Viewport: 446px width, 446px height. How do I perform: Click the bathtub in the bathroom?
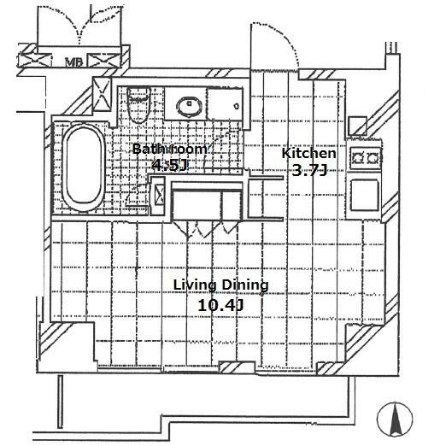click(84, 167)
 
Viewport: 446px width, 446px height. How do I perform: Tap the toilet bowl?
click(138, 104)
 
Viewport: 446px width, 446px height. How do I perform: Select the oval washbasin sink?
click(190, 107)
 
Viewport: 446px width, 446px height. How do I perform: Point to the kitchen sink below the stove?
click(365, 195)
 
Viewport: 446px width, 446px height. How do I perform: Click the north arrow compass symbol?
click(395, 419)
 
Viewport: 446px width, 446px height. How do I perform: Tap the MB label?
click(73, 62)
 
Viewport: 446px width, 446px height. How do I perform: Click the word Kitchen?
click(308, 153)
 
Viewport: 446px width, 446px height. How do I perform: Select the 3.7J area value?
click(308, 171)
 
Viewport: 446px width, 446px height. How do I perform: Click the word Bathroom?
click(170, 150)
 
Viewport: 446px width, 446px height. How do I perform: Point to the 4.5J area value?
click(170, 165)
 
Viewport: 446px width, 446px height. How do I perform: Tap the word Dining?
click(245, 285)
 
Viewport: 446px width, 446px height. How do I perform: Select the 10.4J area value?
click(220, 306)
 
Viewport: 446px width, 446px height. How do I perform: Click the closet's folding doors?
click(206, 228)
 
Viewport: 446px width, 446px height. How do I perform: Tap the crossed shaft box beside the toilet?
click(102, 94)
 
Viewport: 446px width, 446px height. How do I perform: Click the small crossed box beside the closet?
click(158, 196)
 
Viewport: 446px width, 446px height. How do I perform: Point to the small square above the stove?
click(358, 126)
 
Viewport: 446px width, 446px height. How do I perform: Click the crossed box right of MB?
click(104, 61)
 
